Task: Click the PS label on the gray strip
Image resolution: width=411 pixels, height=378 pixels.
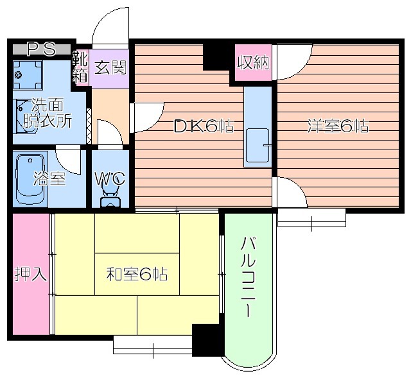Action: point(42,49)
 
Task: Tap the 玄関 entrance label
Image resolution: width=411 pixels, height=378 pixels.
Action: point(110,67)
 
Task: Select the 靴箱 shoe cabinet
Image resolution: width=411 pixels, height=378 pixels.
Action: point(80,67)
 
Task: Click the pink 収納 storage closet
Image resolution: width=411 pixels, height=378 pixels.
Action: point(253,62)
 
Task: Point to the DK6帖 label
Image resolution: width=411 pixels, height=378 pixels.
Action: point(204,126)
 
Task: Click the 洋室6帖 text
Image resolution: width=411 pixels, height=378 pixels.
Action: point(338,126)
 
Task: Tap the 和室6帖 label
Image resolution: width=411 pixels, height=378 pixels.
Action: point(137,274)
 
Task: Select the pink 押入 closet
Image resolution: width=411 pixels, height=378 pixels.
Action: point(31,274)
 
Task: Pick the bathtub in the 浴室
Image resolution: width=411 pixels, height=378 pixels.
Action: point(30,179)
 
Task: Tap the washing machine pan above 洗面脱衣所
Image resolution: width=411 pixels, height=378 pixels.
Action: point(28,75)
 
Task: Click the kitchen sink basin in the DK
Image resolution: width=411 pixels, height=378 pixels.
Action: point(258,146)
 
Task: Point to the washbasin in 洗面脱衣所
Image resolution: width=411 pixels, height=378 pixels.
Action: point(24,117)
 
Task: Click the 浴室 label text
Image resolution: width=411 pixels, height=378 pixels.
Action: point(49,178)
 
